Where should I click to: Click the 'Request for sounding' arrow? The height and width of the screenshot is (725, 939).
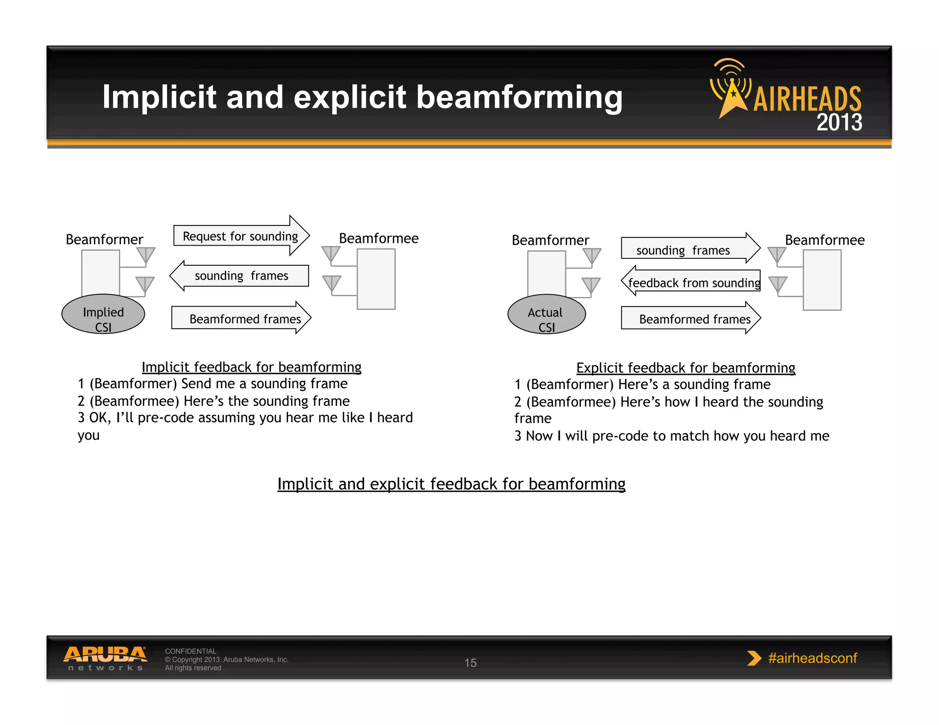240,236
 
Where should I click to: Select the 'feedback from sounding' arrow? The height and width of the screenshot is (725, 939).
692,282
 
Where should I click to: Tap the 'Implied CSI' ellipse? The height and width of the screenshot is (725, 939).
103,314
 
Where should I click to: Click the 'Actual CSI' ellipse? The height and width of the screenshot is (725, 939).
546,314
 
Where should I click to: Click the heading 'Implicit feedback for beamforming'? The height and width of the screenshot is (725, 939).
251,367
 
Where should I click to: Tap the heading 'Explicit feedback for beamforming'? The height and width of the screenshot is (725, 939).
685,368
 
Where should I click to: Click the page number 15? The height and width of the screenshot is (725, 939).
470,663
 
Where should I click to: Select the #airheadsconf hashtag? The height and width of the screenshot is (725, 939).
812,658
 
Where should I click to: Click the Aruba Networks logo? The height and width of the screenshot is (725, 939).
105,658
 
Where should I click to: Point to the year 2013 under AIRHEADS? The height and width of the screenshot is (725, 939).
839,122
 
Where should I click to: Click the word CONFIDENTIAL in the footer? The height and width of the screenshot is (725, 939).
190,651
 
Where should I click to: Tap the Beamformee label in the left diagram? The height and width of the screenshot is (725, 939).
378,238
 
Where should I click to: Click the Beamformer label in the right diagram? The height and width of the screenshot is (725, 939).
550,240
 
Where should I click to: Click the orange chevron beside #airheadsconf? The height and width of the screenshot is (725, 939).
754,658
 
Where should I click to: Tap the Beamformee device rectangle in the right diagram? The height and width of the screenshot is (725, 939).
822,280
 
